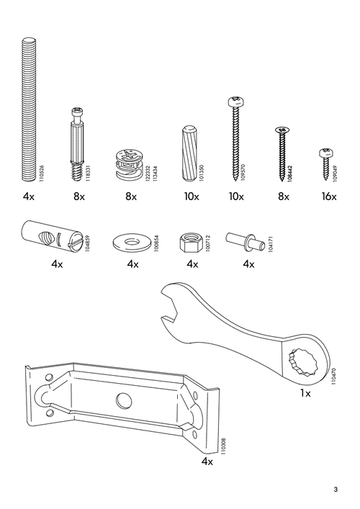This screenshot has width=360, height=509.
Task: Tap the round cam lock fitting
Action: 130,165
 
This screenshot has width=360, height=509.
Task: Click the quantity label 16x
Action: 328,197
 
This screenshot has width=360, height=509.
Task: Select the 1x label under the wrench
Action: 305,394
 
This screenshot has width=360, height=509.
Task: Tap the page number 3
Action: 336,491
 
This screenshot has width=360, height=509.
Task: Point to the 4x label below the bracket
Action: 207,461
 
